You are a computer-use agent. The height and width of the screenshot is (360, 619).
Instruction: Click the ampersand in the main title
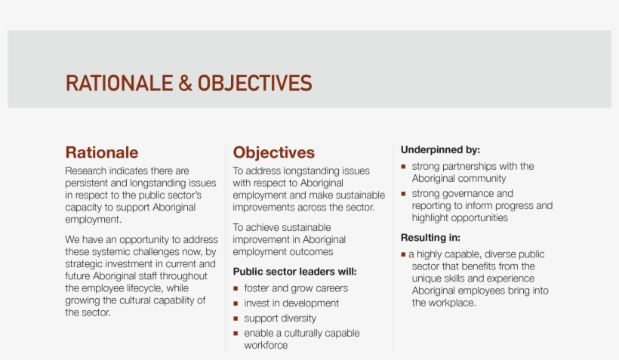click(x=185, y=83)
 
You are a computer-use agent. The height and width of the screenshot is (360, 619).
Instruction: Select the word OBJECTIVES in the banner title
click(x=254, y=83)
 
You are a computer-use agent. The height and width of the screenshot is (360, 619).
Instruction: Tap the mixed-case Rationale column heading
click(x=102, y=153)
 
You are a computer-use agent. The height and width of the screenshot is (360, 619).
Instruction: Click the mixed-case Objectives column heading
click(x=273, y=153)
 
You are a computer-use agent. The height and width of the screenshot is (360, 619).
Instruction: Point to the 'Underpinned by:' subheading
click(x=440, y=149)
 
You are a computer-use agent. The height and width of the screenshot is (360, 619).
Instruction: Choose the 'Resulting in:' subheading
click(x=430, y=238)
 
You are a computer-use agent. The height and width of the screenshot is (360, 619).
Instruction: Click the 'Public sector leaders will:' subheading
click(x=294, y=272)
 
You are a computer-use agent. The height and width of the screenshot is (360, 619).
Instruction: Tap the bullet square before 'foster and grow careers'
click(x=236, y=288)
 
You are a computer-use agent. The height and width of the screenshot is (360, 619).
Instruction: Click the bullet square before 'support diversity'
click(x=236, y=318)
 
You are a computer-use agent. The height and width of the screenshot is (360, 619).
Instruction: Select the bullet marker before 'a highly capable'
click(x=403, y=254)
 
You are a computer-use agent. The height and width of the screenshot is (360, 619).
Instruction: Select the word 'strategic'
click(x=86, y=263)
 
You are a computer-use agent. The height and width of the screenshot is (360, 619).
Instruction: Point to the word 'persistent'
click(x=89, y=183)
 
